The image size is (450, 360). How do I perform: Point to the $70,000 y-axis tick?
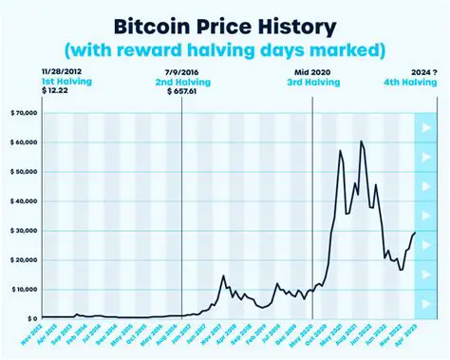pos(22,112)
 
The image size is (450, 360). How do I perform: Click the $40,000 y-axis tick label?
pos(22,200)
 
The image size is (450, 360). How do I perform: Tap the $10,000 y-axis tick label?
pos(22,289)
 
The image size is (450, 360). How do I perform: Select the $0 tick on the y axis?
pos(30,318)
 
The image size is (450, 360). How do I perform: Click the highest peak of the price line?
pos(361,142)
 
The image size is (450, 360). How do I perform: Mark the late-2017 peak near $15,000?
pos(223,275)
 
